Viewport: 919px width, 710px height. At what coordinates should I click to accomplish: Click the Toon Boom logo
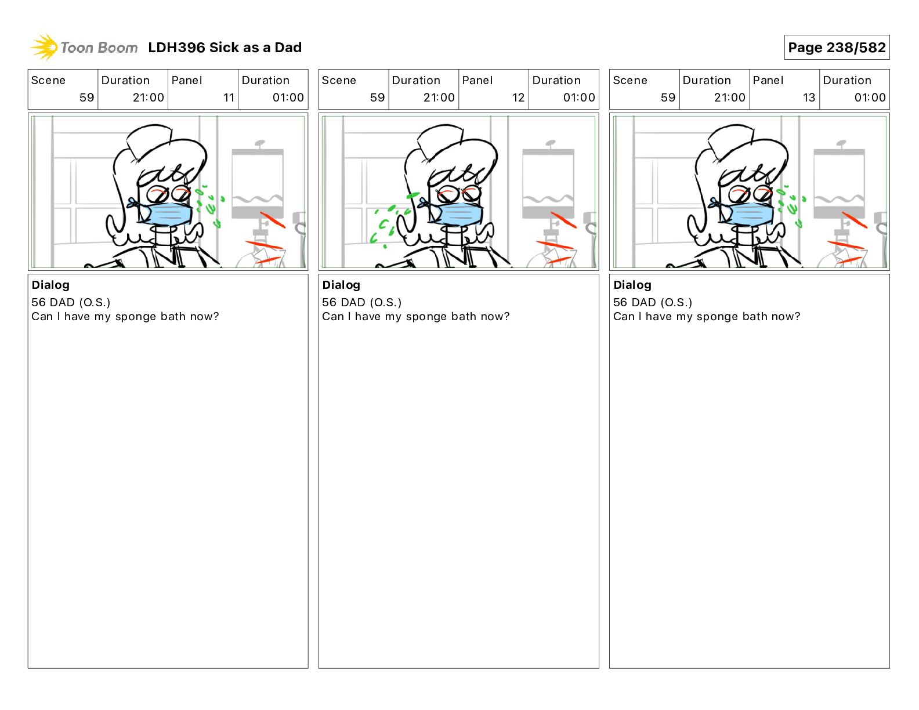(84, 48)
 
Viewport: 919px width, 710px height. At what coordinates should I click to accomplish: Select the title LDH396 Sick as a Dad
(225, 48)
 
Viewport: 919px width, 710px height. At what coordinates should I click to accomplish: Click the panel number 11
(229, 97)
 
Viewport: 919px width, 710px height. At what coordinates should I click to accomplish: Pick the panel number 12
(518, 97)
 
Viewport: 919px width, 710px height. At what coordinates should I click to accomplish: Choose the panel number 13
(809, 97)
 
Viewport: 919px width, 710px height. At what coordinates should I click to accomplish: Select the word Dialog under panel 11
(50, 285)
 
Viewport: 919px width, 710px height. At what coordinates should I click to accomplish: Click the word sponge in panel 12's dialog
(426, 317)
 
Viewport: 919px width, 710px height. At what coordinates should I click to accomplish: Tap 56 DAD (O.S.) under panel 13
(653, 302)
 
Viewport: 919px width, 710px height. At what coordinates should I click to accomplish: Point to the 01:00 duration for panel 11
(288, 97)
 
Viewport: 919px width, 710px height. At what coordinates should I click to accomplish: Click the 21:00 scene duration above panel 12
(439, 97)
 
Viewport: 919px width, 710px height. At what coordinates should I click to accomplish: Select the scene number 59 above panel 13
(668, 97)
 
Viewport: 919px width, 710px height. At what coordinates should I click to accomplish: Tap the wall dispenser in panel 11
(258, 183)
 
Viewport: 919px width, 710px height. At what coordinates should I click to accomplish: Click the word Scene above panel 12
(339, 81)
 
